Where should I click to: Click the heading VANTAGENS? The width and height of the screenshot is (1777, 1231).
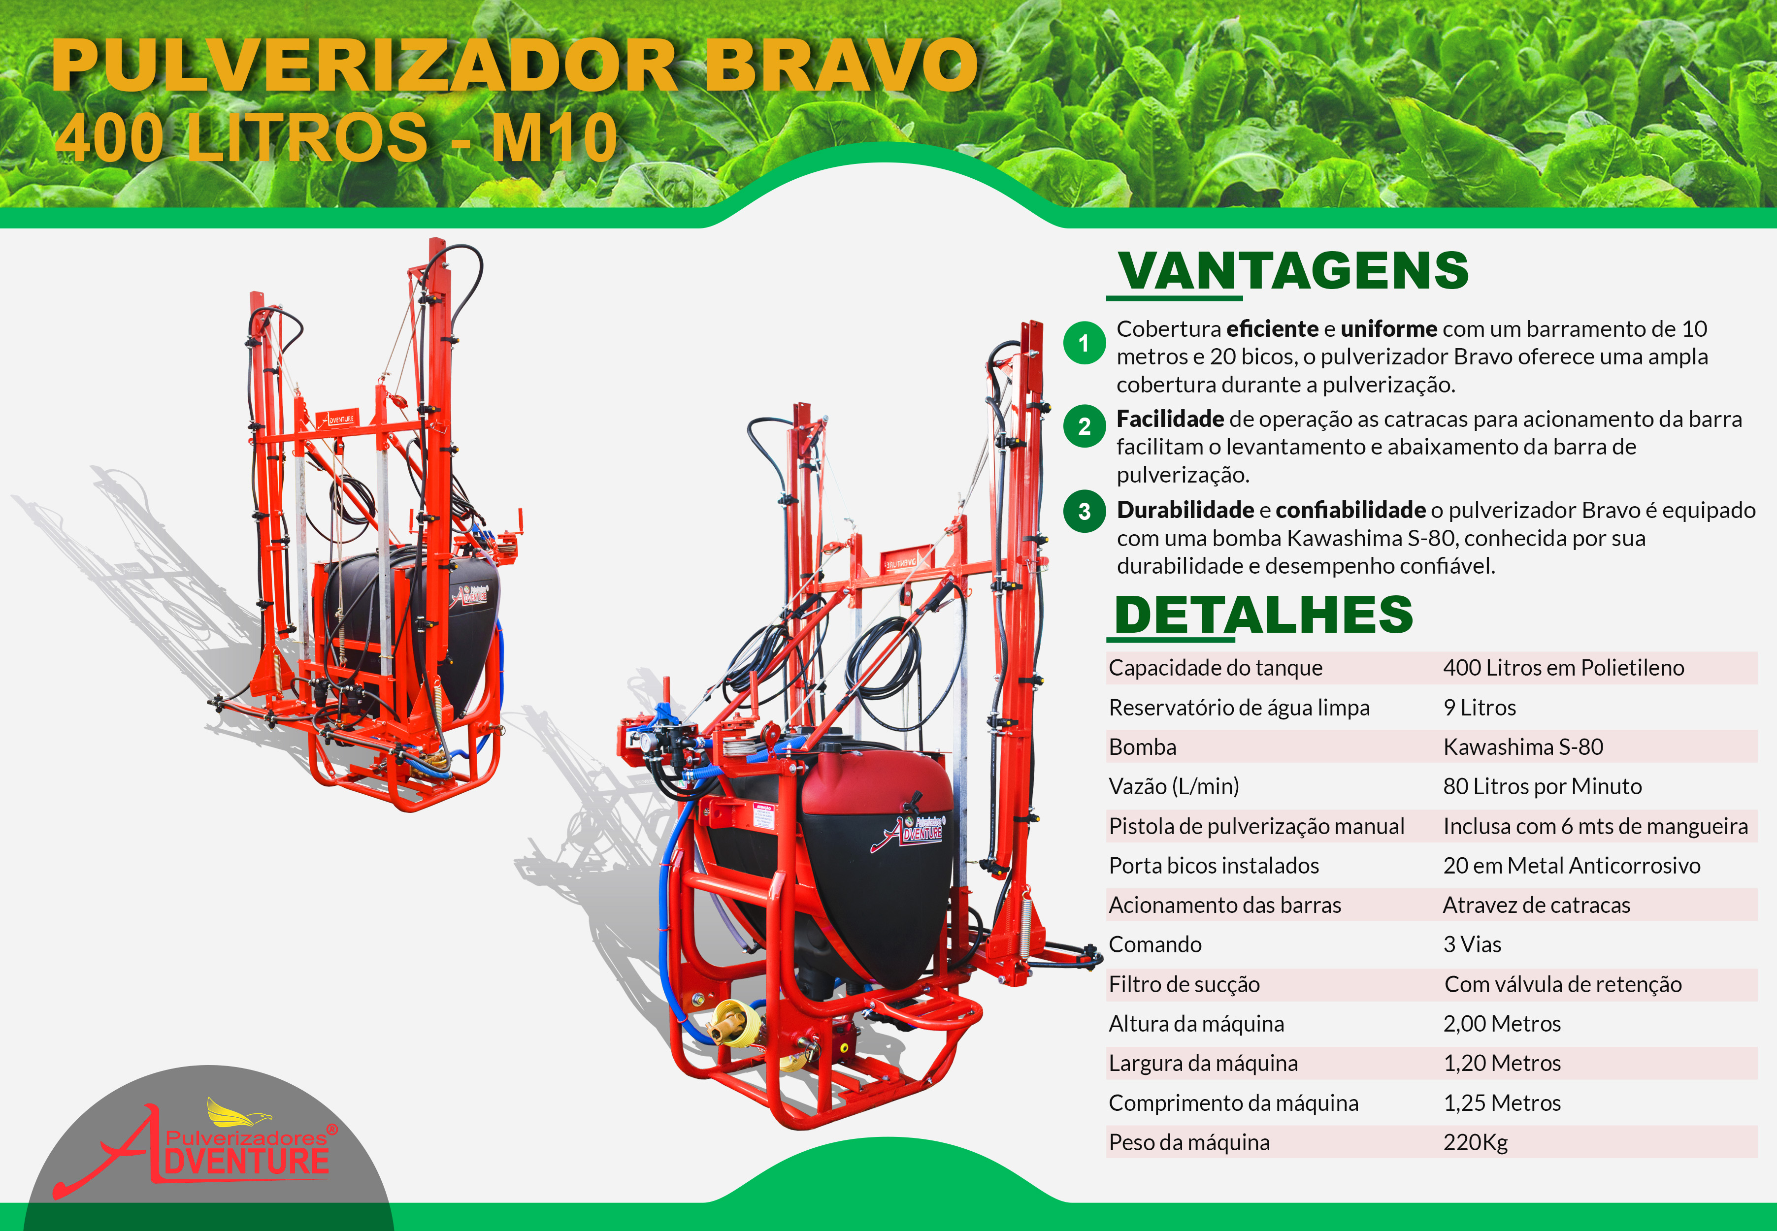[x=1293, y=271]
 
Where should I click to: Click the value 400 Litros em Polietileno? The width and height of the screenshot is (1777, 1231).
[x=1563, y=668]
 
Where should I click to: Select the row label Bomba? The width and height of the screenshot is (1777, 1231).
[x=1142, y=747]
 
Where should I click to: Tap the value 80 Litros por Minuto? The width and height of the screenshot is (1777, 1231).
[x=1543, y=787]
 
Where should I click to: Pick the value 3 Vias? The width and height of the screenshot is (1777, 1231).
[x=1472, y=945]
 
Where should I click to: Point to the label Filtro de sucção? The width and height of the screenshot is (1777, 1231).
[x=1184, y=985]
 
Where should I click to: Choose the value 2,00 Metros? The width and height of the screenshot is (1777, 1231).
[x=1502, y=1024]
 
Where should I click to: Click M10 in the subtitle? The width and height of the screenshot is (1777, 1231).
[x=554, y=138]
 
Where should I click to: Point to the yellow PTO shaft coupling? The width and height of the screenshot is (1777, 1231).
[x=734, y=1023]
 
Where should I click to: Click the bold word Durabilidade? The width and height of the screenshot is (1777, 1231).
[x=1185, y=511]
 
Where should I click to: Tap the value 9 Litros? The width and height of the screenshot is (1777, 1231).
[x=1480, y=708]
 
